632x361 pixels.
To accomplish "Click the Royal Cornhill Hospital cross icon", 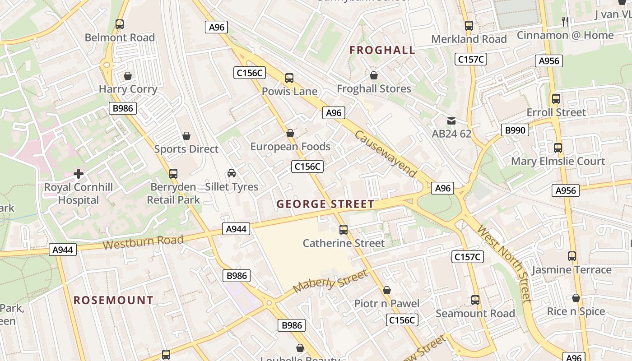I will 79,173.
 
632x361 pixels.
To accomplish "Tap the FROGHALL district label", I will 382,50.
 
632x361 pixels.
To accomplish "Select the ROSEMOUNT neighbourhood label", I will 113,300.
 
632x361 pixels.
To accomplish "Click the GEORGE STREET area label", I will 325,204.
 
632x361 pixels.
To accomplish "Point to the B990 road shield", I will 515,130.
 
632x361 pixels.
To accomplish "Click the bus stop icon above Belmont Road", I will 119,24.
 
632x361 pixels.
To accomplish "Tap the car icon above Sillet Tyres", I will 232,173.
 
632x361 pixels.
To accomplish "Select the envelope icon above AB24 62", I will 451,120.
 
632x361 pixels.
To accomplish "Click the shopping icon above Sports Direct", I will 186,135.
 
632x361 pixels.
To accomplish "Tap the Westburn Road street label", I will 143,242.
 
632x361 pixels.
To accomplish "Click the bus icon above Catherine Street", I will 344,230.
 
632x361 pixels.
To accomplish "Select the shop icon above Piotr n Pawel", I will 386,290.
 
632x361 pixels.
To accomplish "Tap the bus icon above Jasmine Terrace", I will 572,256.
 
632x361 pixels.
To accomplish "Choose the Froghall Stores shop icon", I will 373,75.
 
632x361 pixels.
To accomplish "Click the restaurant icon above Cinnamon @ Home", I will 565,21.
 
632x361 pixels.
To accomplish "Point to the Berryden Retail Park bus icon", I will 173,173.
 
